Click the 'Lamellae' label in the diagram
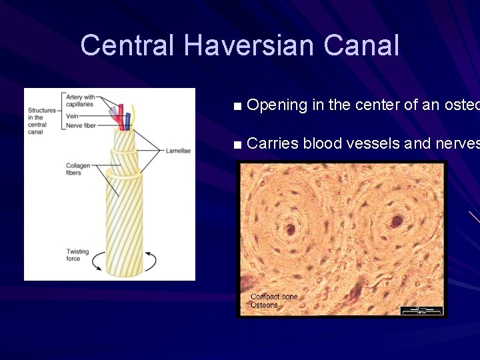pos(178,151)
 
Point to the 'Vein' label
pos(73,115)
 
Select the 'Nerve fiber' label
pos(81,125)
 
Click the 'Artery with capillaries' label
pos(81,101)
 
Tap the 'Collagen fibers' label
pos(77,169)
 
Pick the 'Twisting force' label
pos(77,255)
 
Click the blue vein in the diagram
pos(128,120)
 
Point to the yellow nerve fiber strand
pos(134,116)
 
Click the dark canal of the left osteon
pos(291,230)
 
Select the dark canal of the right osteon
pos(398,220)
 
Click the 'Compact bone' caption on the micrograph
pos(274,297)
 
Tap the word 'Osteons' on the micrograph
pos(264,305)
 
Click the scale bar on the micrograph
pos(421,310)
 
